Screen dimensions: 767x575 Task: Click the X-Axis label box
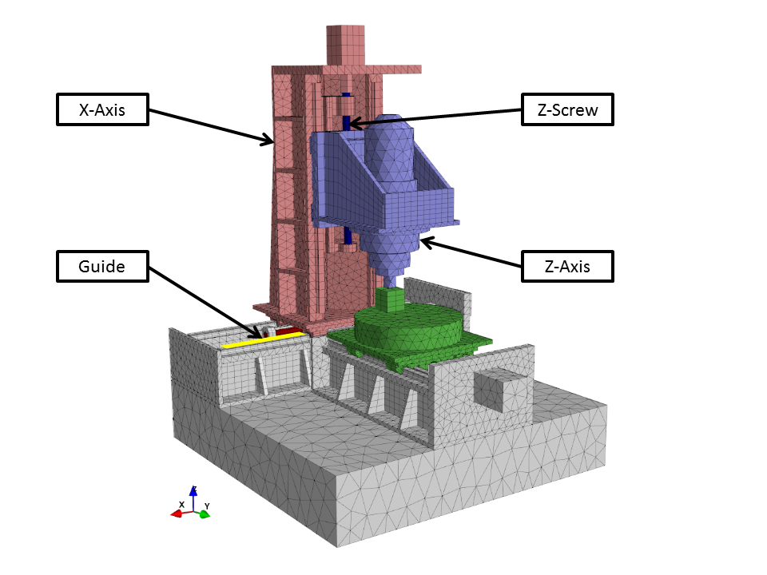coord(103,109)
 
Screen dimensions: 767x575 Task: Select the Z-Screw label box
coord(567,109)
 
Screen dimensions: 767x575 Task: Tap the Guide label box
coord(103,267)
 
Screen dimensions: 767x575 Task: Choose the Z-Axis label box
coord(567,267)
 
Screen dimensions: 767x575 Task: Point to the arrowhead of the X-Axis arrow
coord(268,141)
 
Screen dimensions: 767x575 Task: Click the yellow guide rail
coord(263,340)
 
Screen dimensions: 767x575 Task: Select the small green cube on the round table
coord(390,299)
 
